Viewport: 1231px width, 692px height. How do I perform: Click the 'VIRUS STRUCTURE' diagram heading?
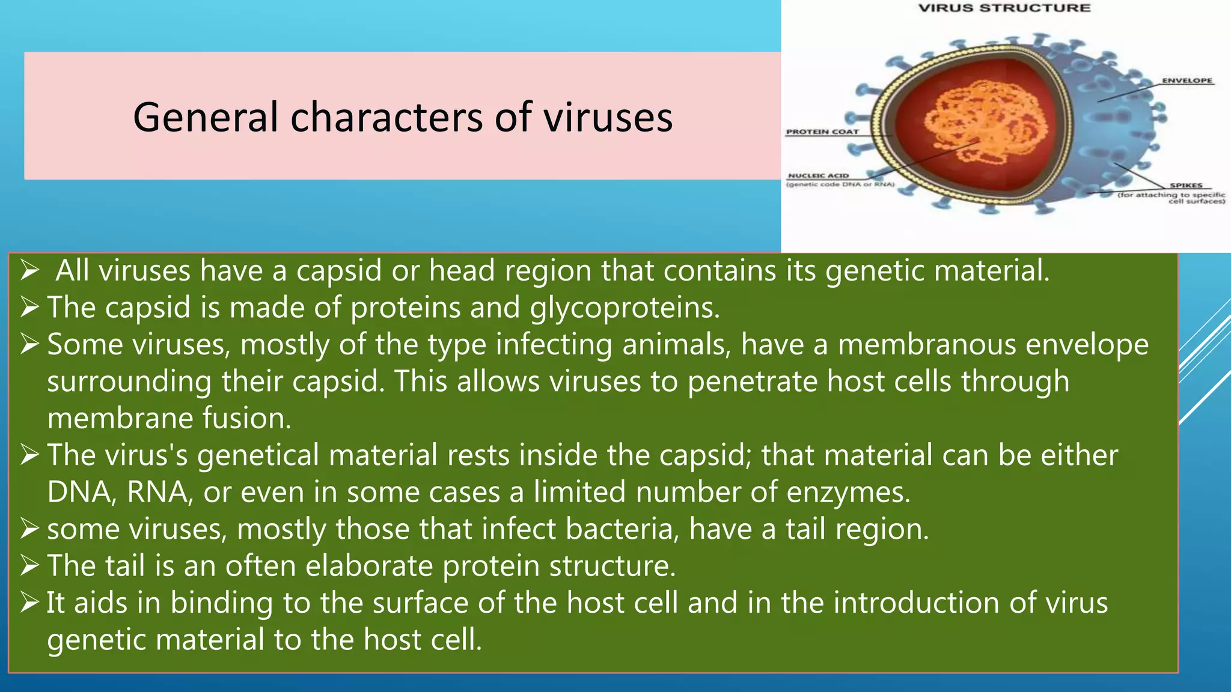[1004, 8]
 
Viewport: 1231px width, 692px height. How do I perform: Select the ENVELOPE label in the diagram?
[1187, 80]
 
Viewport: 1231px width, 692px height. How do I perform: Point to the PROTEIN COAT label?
[822, 132]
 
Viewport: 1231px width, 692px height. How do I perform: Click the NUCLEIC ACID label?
[818, 175]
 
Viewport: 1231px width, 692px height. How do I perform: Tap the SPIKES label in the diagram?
[1186, 186]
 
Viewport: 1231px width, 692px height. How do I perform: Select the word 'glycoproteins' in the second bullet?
[625, 308]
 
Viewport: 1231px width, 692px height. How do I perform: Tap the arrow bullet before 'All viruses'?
[29, 271]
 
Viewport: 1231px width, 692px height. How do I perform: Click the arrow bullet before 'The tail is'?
[29, 566]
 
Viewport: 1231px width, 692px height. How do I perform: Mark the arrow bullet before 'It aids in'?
[29, 602]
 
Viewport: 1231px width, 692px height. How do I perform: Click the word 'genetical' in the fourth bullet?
[258, 455]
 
